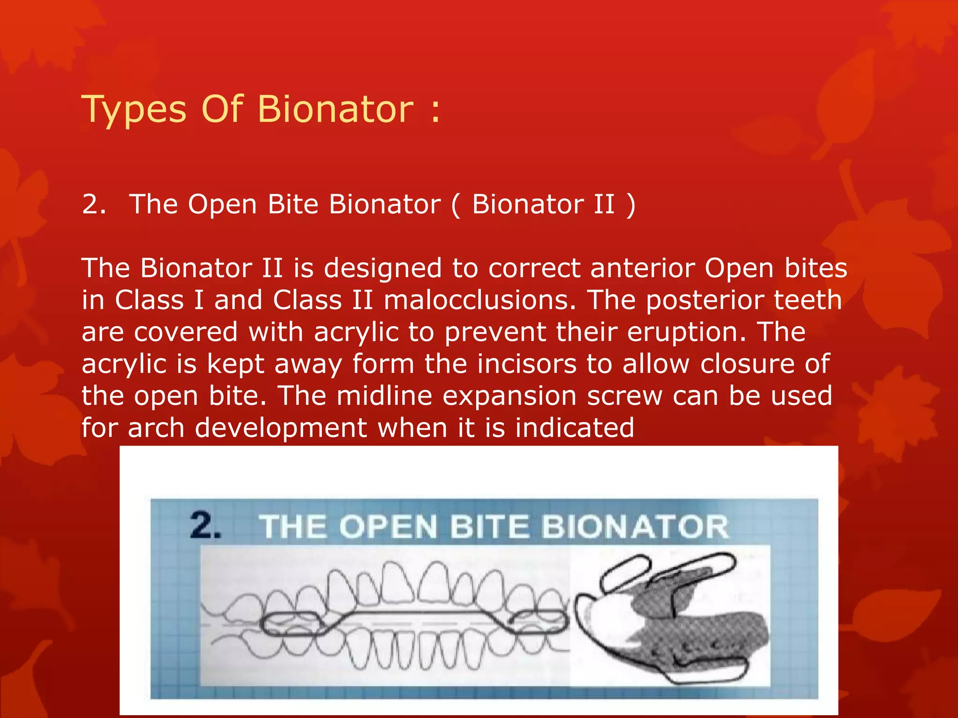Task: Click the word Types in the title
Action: tap(134, 110)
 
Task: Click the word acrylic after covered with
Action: tap(356, 332)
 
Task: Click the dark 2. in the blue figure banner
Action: tap(205, 526)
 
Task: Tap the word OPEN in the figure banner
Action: tap(388, 527)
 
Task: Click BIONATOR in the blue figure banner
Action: tap(635, 527)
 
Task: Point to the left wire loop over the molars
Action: tap(290, 623)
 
